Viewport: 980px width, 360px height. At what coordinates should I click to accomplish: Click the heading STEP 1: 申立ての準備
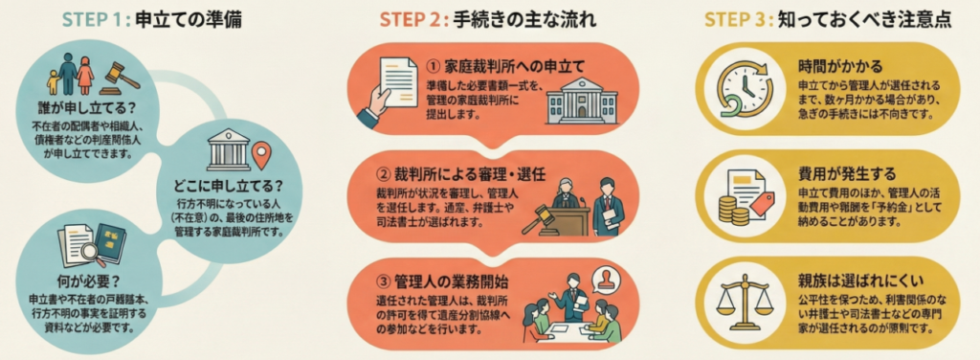tap(152, 21)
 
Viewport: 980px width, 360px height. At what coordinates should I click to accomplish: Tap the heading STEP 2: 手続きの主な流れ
tap(487, 21)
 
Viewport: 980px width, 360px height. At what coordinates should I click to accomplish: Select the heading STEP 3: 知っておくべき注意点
tap(828, 21)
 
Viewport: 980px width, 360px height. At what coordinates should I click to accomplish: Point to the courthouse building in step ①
tap(581, 101)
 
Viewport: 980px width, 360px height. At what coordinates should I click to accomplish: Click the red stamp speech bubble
tap(605, 280)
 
